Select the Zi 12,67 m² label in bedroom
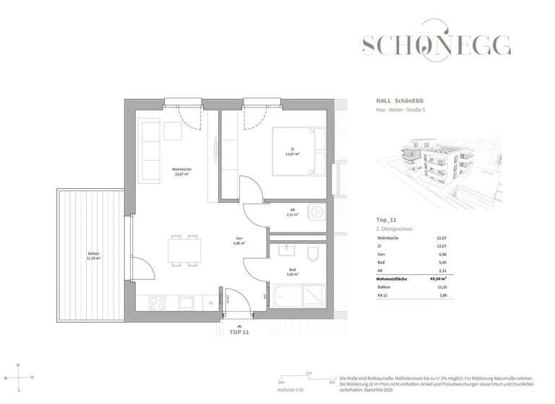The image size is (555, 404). pos(291,151)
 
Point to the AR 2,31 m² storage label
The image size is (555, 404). pos(291,213)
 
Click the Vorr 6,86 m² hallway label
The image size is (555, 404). pos(238,242)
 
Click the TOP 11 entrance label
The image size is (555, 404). pos(238,333)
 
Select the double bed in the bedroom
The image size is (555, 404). pos(299,151)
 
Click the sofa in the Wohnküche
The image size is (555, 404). pos(151,151)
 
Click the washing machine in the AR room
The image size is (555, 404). pos(316,212)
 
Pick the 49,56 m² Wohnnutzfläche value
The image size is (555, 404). pos(439,277)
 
